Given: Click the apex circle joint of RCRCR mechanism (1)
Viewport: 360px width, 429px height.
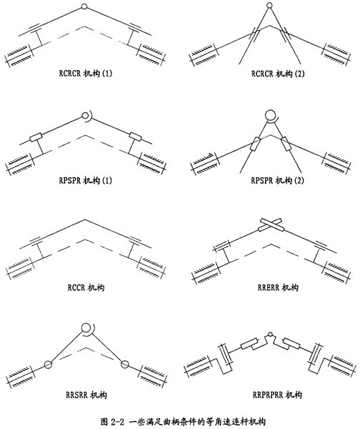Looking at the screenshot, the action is [84, 6].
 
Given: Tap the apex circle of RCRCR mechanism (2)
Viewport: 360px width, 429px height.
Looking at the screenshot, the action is [269, 5].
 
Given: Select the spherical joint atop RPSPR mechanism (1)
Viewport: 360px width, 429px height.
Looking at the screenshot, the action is [86, 116].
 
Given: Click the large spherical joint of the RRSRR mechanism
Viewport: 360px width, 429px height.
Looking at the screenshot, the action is [87, 328].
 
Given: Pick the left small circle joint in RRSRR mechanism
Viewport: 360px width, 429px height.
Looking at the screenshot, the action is [48, 365].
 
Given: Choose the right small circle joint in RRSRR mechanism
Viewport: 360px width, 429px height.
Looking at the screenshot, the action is [125, 364].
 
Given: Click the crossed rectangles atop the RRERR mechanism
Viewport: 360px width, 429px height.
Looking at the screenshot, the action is [271, 225].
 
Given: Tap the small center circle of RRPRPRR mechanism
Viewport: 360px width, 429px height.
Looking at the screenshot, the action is [270, 334].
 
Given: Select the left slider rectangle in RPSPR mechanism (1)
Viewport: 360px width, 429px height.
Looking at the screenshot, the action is [36, 137].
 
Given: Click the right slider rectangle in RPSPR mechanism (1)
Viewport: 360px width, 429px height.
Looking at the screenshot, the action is [135, 137].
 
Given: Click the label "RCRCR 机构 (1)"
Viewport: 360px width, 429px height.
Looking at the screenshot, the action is [86, 74].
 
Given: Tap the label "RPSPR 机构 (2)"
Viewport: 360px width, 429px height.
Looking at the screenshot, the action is [277, 181].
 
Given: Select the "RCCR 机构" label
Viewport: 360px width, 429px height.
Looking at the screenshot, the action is [86, 287].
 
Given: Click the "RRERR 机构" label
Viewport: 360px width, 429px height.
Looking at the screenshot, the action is [278, 287].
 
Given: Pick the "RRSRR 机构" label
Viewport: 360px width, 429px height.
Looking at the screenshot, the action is [86, 395].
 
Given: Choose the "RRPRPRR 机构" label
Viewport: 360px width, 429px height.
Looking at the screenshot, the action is [277, 395].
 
